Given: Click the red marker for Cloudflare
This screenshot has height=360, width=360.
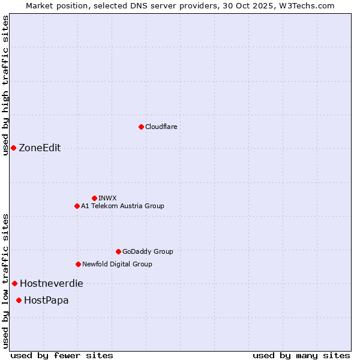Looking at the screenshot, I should [141, 127].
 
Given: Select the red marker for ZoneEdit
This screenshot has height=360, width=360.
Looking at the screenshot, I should [13, 148].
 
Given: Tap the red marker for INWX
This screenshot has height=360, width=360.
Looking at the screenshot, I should [94, 198].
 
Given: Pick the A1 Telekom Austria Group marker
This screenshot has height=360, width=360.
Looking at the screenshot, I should [77, 206].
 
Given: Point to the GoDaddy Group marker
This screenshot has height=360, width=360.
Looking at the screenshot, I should [118, 251].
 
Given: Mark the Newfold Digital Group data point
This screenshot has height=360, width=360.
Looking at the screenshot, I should [78, 264].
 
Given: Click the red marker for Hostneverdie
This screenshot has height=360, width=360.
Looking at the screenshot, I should [14, 283].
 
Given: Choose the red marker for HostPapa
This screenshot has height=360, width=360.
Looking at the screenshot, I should [19, 300].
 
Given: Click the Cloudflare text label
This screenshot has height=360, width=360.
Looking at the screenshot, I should [161, 127].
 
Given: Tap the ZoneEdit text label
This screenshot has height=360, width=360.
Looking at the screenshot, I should [40, 148].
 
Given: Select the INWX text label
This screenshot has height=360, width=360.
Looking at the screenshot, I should [107, 198].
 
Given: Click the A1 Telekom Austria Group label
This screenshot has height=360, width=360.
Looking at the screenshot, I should [122, 206].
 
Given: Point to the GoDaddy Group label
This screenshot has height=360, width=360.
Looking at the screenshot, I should [148, 251].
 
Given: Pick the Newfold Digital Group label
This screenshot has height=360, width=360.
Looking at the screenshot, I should [117, 264].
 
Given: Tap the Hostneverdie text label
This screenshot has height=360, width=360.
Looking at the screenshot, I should [52, 283].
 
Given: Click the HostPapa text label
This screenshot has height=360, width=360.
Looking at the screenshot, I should [46, 300].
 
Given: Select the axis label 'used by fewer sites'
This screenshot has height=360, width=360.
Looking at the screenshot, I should [62, 355].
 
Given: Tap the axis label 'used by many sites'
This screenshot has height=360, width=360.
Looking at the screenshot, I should [301, 355].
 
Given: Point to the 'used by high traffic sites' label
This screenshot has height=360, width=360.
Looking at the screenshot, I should [5, 85].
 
